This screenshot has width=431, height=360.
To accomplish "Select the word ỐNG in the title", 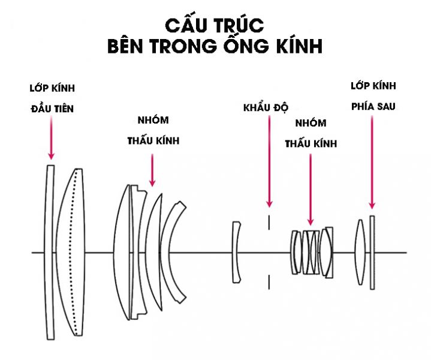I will (243, 47).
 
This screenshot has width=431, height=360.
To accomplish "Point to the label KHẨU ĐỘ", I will (266, 109).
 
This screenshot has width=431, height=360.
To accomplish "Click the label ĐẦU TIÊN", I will (52, 109).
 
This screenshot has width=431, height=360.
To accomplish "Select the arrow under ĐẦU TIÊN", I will (52, 138).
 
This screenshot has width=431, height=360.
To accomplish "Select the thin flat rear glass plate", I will (372, 252).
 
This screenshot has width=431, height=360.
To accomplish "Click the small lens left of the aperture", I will (236, 252).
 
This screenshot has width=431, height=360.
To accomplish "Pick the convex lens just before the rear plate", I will (360, 252).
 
